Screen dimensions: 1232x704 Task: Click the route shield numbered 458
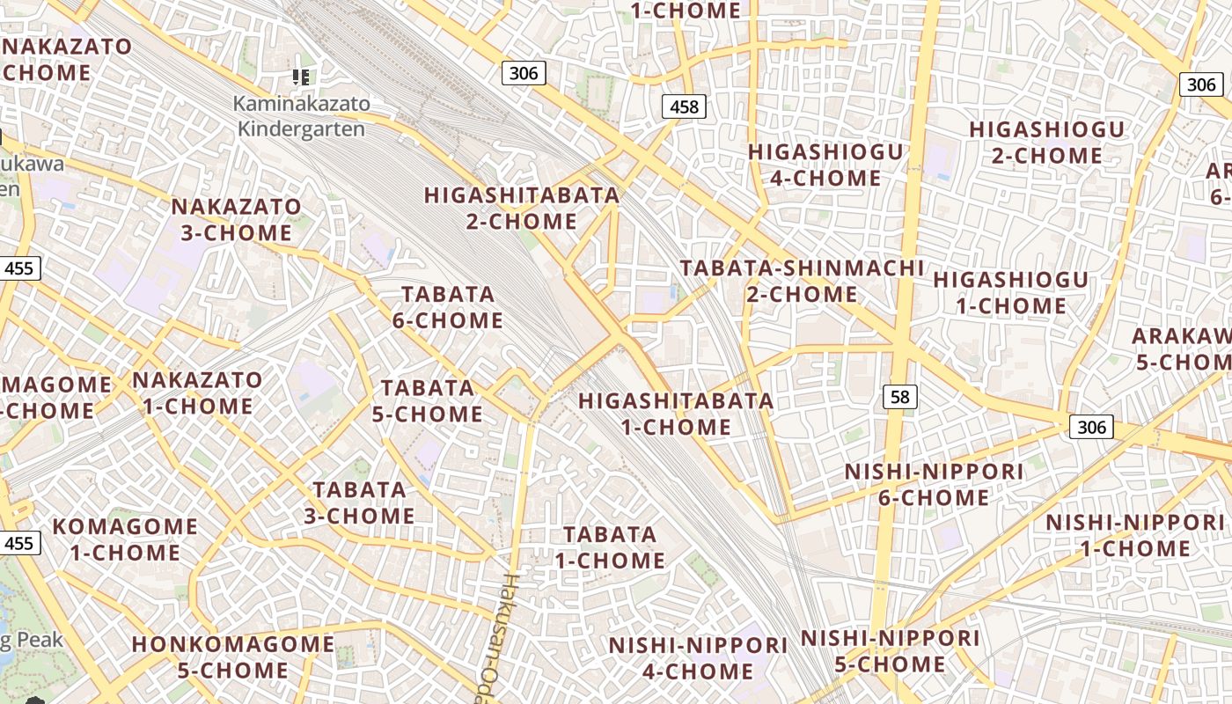click(684, 107)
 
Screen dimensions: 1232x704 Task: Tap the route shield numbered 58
click(899, 398)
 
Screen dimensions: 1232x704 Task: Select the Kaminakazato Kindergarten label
click(301, 116)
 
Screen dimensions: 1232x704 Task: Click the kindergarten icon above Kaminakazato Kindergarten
click(301, 77)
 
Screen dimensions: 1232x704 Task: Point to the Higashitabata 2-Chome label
click(522, 209)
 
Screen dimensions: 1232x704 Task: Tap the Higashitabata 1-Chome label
click(676, 414)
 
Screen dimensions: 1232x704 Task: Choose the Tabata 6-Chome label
click(448, 307)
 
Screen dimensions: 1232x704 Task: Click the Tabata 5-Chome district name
click(428, 400)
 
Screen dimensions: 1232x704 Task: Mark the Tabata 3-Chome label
click(360, 502)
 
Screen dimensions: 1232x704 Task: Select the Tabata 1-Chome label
click(610, 547)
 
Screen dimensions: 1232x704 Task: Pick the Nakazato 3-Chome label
click(236, 220)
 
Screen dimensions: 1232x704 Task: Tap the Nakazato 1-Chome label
click(197, 393)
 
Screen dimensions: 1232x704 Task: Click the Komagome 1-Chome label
click(126, 539)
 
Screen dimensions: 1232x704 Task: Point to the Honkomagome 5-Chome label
click(233, 657)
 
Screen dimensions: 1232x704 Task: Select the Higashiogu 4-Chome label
click(825, 165)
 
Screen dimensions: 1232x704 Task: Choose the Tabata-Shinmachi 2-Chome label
click(802, 281)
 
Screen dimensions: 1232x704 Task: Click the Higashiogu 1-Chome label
click(1010, 293)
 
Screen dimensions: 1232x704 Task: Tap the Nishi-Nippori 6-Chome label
click(934, 485)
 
